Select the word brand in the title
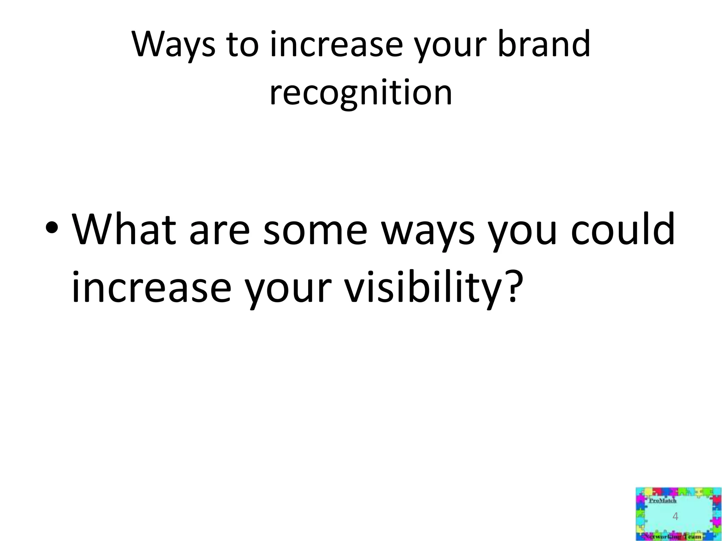tap(544, 44)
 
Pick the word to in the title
tap(243, 44)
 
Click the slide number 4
tap(675, 517)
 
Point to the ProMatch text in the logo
tap(662, 501)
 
